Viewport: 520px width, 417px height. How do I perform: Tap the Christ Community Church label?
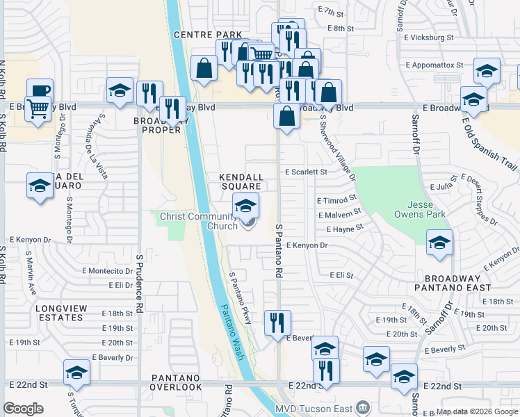pyautogui.click(x=199, y=220)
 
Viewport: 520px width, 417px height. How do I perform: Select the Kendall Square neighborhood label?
pyautogui.click(x=241, y=181)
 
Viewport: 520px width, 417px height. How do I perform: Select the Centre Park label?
pyautogui.click(x=208, y=34)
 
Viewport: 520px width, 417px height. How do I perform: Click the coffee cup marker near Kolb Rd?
pyautogui.click(x=40, y=91)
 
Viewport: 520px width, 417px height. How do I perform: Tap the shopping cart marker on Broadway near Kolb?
pyautogui.click(x=38, y=108)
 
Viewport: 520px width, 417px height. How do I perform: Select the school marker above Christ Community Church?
pyautogui.click(x=245, y=206)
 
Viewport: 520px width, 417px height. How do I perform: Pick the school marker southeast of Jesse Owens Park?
pyautogui.click(x=439, y=243)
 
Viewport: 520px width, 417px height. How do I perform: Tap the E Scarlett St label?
pyautogui.click(x=306, y=172)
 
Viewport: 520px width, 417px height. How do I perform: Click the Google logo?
pyautogui.click(x=24, y=409)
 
